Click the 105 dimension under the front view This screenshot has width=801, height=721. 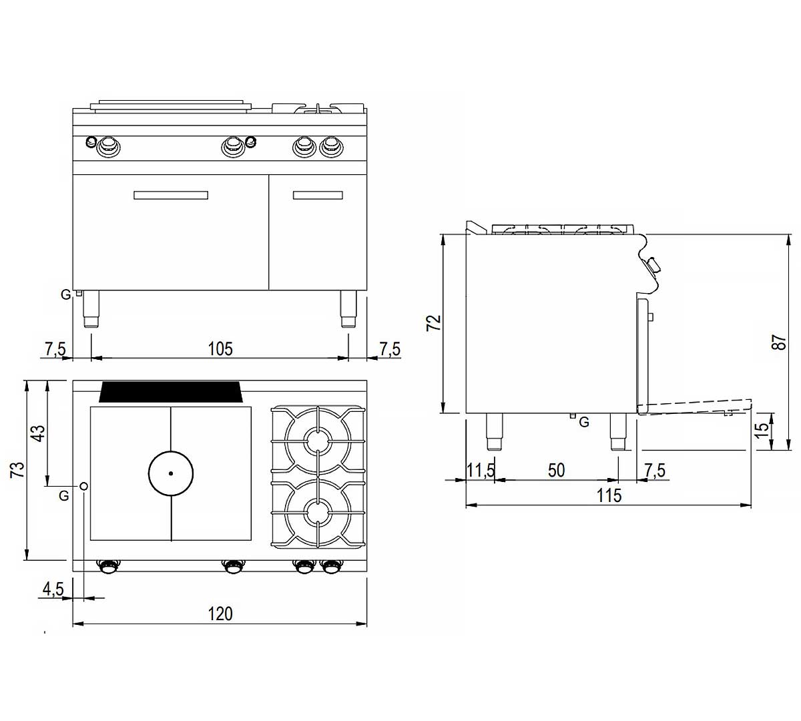point(220,349)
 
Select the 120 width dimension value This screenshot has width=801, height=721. point(220,614)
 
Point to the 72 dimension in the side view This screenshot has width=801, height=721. point(434,322)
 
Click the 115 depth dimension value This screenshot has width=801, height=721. point(609,496)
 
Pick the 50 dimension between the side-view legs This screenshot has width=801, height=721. point(556,471)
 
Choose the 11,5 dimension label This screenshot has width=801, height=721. point(481,471)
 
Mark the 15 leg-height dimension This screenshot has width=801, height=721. point(762,429)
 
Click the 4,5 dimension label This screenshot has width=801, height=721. point(53,589)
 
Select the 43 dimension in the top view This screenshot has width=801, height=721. point(39,433)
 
